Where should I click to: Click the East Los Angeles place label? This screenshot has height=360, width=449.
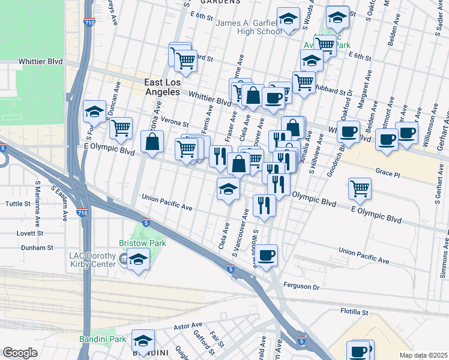click(162, 87)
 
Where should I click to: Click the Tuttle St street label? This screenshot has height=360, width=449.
click(17, 204)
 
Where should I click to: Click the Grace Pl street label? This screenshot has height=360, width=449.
click(387, 172)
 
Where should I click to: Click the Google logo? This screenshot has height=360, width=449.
click(20, 353)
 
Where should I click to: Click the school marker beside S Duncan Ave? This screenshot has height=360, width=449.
click(94, 111)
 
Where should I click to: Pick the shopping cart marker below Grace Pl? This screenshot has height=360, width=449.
click(360, 188)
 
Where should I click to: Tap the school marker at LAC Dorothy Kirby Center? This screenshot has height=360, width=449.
click(138, 260)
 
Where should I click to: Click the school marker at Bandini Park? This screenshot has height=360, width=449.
click(143, 341)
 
